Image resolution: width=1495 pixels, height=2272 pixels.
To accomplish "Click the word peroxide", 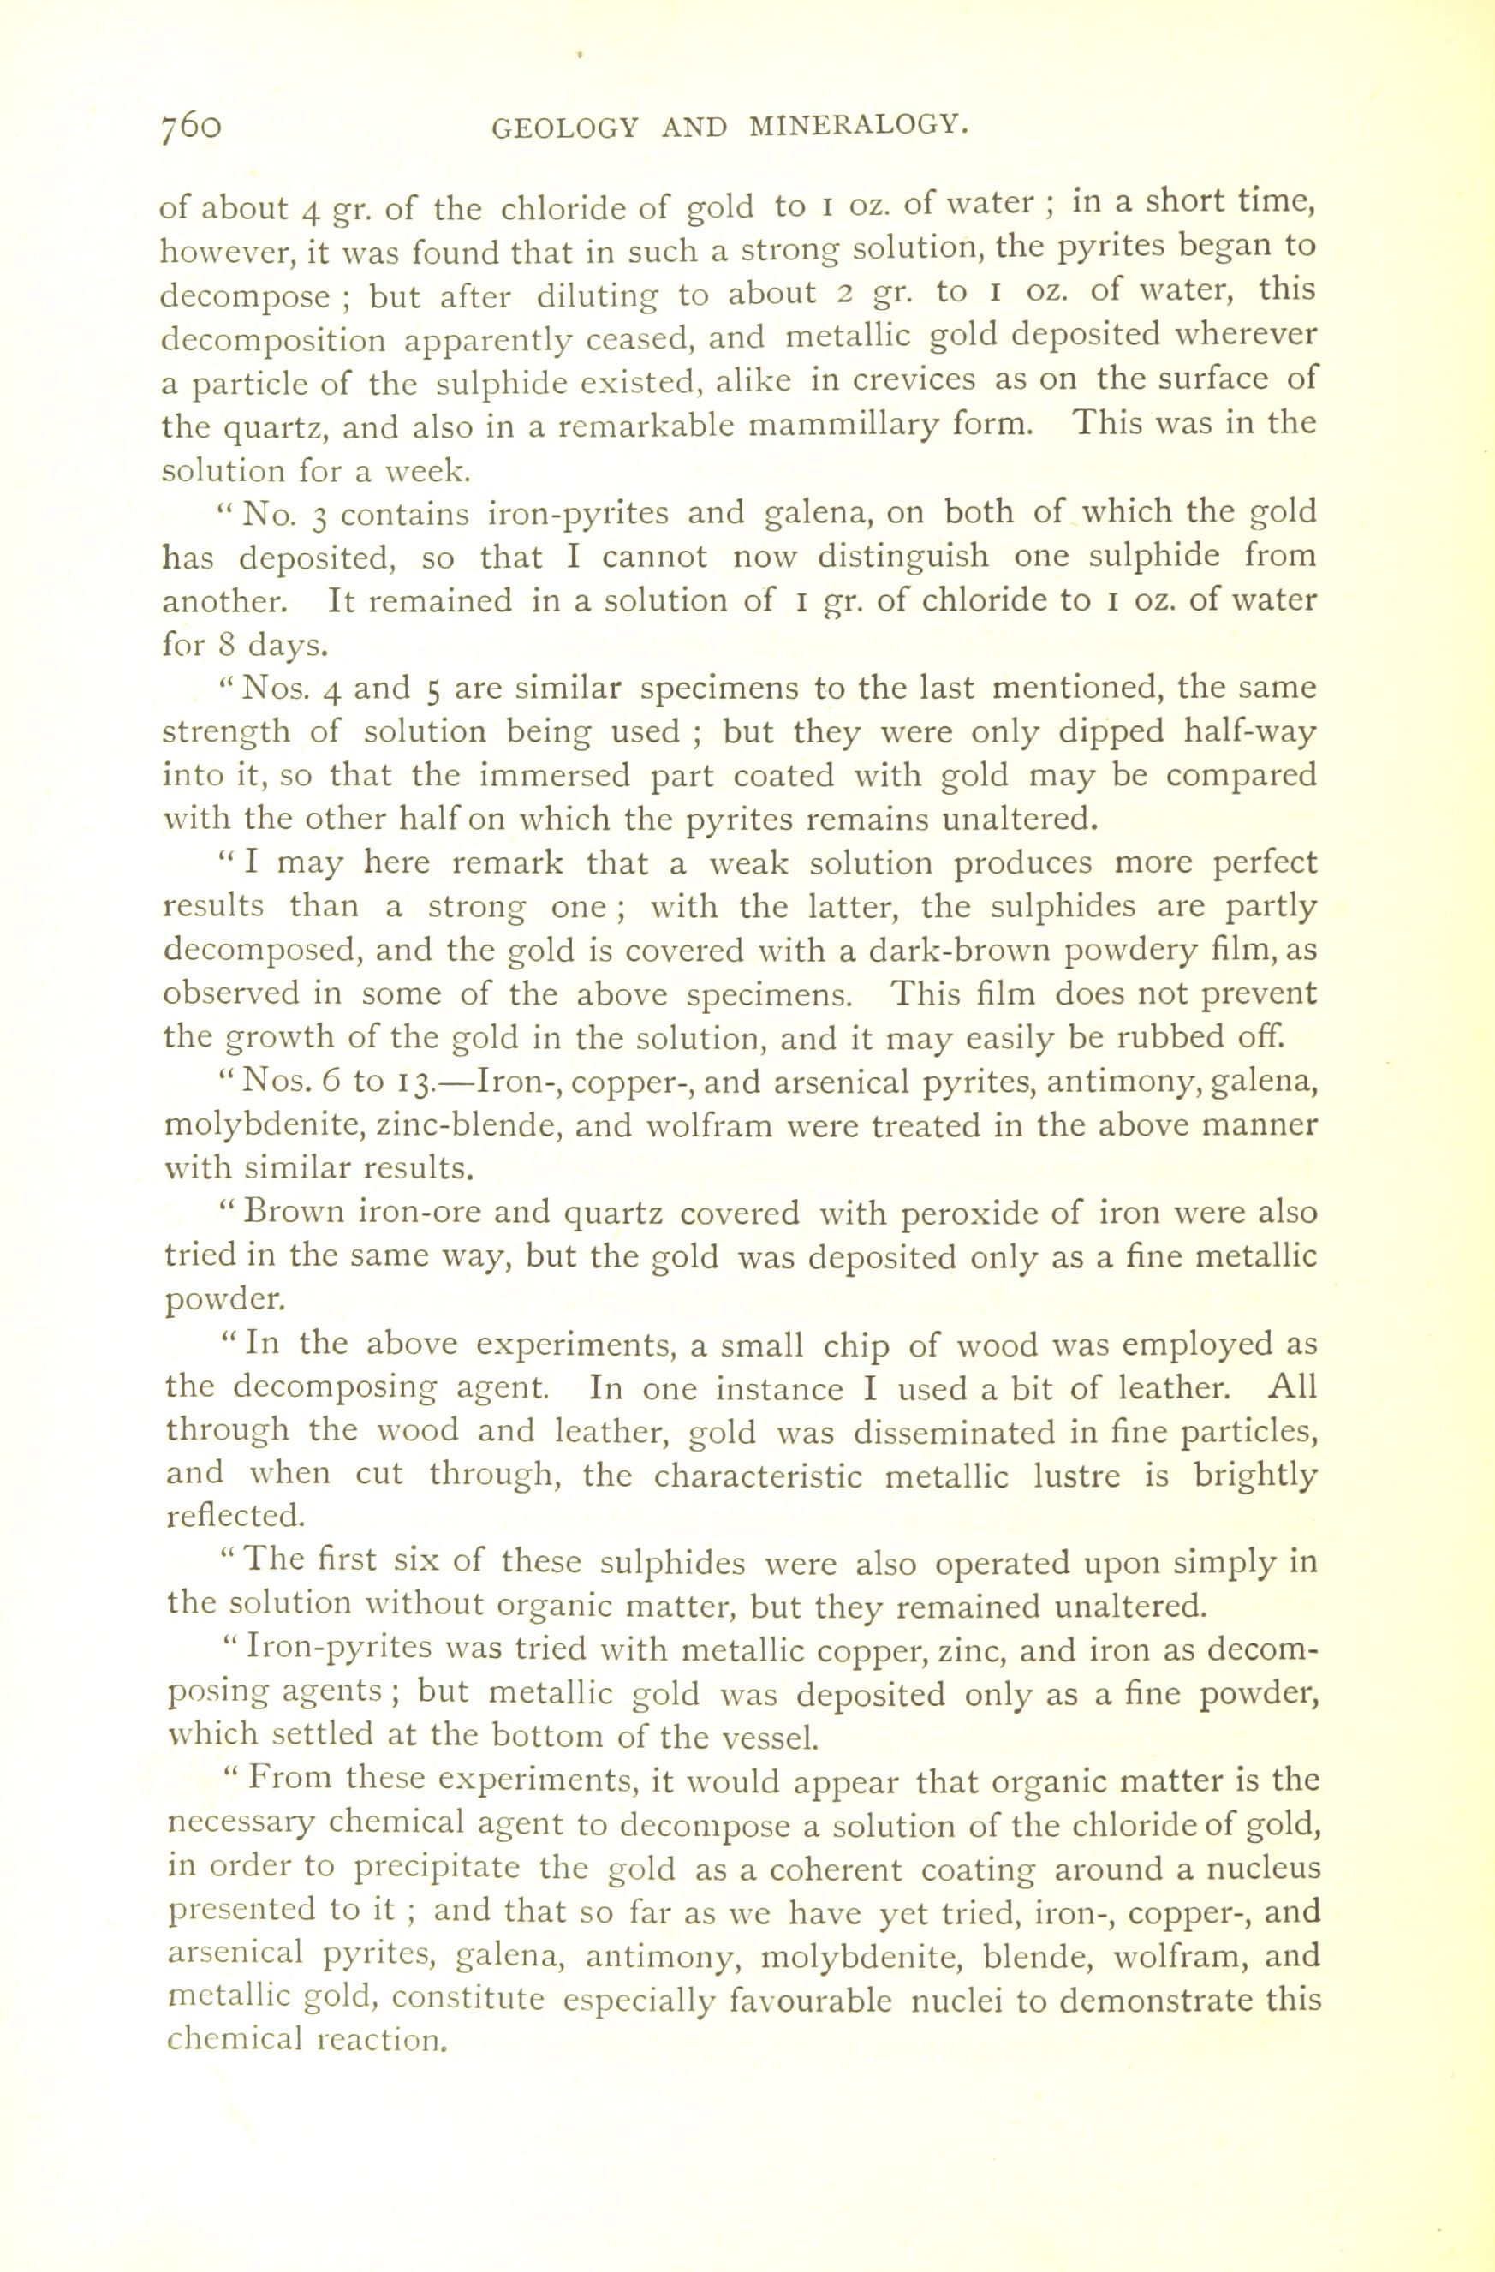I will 966,1214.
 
